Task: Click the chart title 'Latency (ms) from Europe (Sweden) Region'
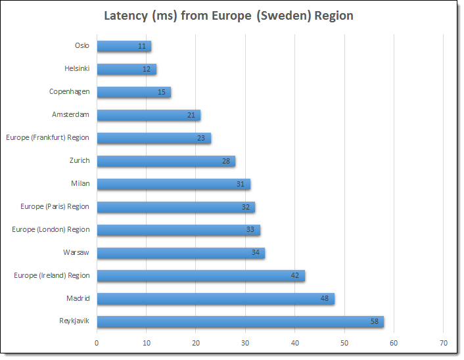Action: (229, 16)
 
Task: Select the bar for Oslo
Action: (122, 46)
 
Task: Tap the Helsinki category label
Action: (77, 69)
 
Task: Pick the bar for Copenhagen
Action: (131, 92)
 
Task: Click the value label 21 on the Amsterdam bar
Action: (191, 115)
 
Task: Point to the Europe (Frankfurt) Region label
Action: (47, 138)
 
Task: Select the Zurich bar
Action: (164, 161)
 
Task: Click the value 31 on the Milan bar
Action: (241, 184)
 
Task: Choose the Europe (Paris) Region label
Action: (55, 207)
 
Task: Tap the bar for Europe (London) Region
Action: (177, 230)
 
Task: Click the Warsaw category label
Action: (76, 252)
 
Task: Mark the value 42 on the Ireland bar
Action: (295, 276)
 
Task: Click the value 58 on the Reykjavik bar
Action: (374, 322)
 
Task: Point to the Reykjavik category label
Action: (74, 321)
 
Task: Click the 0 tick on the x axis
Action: (97, 342)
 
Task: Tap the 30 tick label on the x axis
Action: (245, 342)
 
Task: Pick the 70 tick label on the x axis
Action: (443, 342)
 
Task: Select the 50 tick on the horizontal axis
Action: (344, 342)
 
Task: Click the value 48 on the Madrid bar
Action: (325, 299)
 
